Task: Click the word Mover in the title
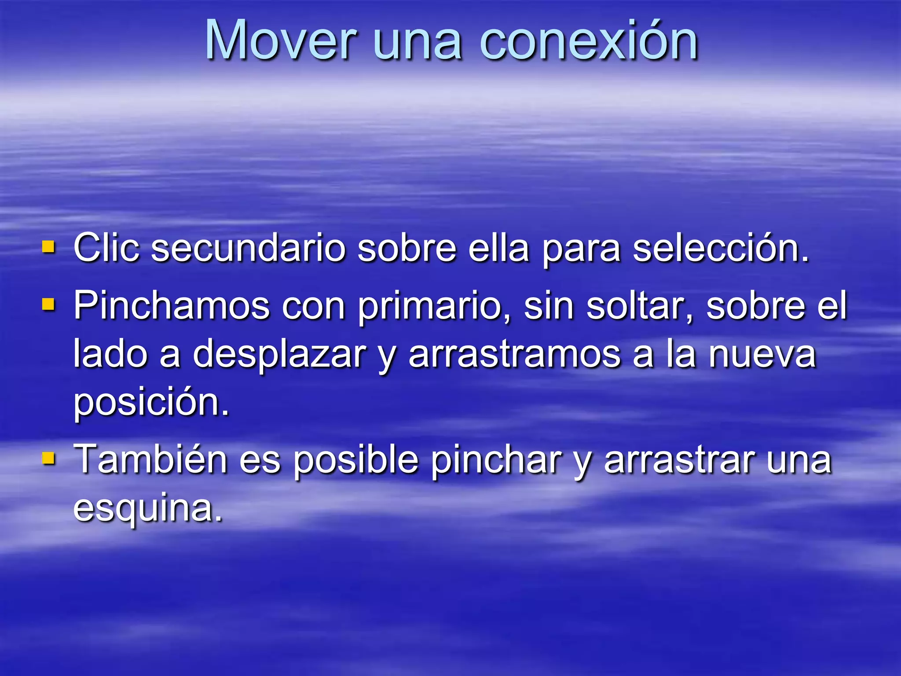pos(280,40)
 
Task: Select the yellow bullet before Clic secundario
pos(48,247)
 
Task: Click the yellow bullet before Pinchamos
pos(48,304)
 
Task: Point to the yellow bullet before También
pos(48,459)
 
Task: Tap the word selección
pos(720,248)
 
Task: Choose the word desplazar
pos(279,354)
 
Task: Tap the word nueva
pos(762,354)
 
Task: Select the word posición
pos(151,402)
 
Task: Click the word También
pos(150,459)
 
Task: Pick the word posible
pos(355,460)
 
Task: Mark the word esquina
pos(148,509)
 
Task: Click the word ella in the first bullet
pos(498,248)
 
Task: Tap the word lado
pos(110,354)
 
